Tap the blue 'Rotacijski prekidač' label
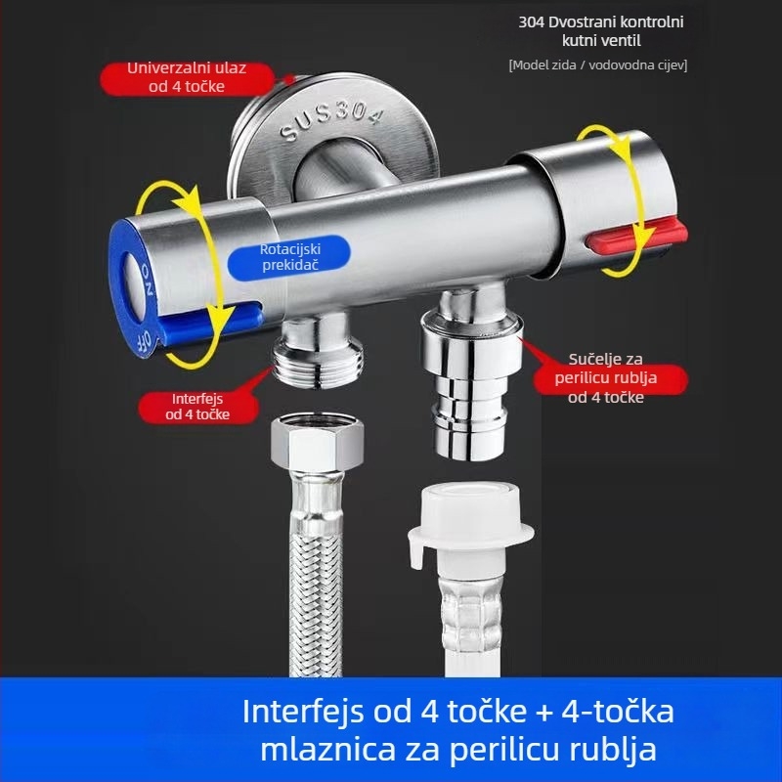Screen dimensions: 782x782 (x=290, y=257)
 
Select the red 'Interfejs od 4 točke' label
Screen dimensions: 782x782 (x=198, y=406)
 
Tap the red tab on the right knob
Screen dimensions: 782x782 (x=612, y=239)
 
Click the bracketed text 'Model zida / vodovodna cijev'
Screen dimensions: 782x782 (x=597, y=65)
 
